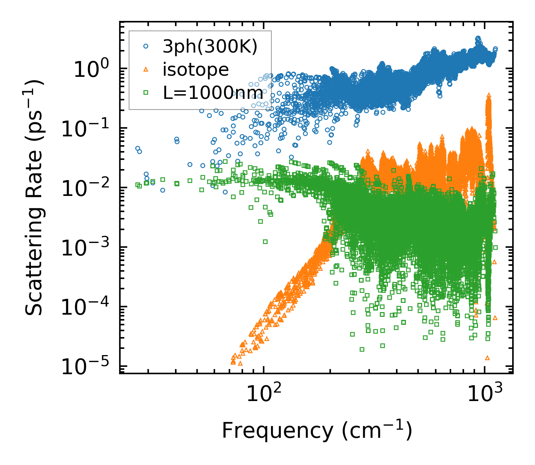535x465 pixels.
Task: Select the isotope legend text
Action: [x=196, y=70]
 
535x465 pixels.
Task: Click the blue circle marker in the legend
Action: [x=146, y=46]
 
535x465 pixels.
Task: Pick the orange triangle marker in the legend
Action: [x=146, y=69]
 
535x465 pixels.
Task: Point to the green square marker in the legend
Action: [x=146, y=93]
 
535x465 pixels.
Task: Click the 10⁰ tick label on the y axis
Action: [x=90, y=69]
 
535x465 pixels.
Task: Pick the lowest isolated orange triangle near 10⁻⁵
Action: [x=488, y=358]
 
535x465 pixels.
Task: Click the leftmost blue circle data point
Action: [x=138, y=149]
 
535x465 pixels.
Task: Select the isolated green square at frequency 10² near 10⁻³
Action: [x=265, y=242]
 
